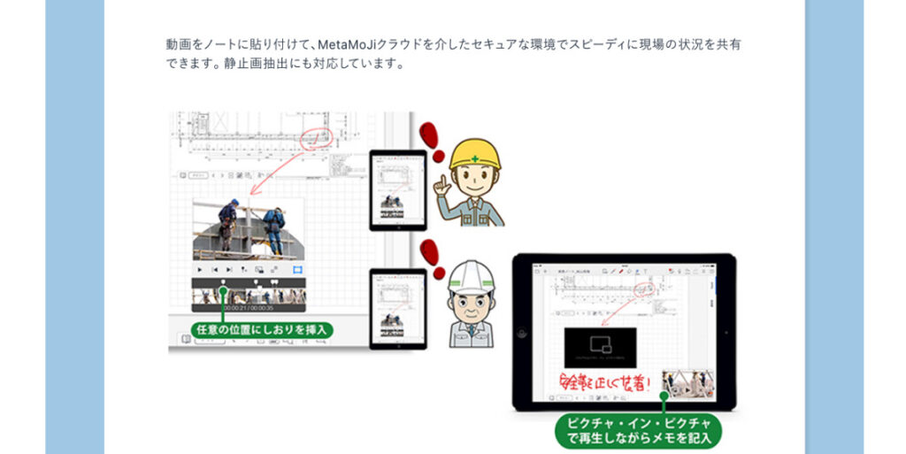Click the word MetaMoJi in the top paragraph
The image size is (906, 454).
coord(352,43)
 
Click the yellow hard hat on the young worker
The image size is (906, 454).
coord(474,153)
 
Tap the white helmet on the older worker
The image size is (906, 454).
coord(472,275)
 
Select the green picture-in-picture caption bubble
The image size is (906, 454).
coord(637,428)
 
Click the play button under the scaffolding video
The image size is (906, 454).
coord(200,269)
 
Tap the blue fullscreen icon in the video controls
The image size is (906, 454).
coord(297,269)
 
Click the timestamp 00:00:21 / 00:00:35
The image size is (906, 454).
coord(249,307)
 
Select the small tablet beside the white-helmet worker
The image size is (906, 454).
coord(397,308)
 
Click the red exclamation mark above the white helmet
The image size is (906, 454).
coord(434,255)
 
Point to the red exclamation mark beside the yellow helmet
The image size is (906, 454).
coord(430,135)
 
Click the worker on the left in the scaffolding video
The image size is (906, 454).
coord(228,221)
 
